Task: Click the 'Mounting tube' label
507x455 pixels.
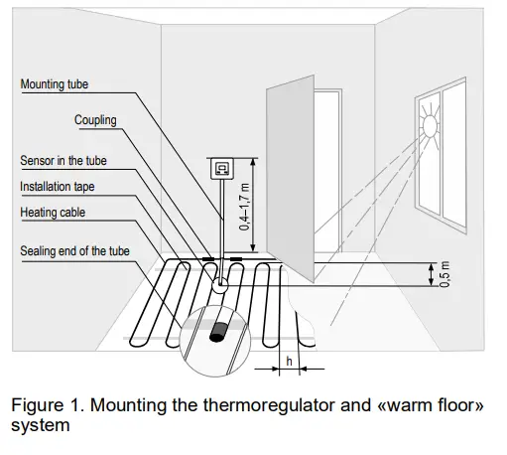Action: [55, 85]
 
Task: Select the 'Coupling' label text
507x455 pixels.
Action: [95, 120]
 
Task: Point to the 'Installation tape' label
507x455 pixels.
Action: [58, 186]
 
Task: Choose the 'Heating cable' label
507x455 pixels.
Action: [52, 212]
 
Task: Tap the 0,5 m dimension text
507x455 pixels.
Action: [444, 275]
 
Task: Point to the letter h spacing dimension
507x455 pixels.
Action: [289, 361]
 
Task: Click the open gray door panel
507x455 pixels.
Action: [291, 179]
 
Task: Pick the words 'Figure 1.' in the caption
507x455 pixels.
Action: [44, 405]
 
